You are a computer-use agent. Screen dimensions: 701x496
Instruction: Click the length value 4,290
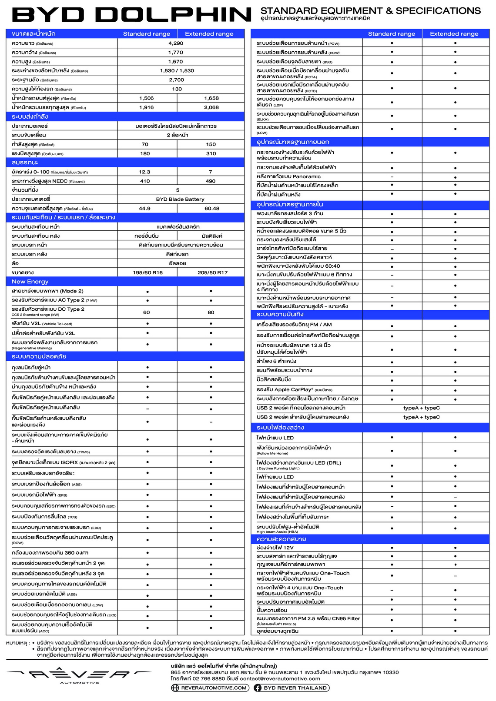[x=176, y=43]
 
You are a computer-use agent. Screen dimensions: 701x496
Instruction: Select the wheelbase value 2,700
[x=176, y=80]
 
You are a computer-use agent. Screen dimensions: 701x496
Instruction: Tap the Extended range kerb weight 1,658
[x=211, y=98]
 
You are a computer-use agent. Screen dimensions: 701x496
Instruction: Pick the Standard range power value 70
[x=145, y=144]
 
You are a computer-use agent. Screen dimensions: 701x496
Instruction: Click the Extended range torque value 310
[x=211, y=153]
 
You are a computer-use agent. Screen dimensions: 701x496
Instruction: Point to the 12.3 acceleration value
[x=144, y=172]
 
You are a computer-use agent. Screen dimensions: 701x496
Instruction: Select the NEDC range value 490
[x=211, y=181]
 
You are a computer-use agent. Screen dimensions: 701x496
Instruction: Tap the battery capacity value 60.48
[x=212, y=209]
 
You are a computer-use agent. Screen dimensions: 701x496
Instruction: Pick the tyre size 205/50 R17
[x=212, y=272]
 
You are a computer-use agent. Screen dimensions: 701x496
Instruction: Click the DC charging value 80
[x=211, y=312]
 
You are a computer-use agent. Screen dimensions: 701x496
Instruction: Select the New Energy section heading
[x=30, y=282]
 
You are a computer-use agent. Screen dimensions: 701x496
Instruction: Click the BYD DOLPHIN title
[x=132, y=15]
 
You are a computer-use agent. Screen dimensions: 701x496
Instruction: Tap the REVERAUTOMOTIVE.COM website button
[x=210, y=688]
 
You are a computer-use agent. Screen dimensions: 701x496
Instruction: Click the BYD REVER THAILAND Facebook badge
[x=291, y=688]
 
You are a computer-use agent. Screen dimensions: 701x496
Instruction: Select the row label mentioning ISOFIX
[x=63, y=462]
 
